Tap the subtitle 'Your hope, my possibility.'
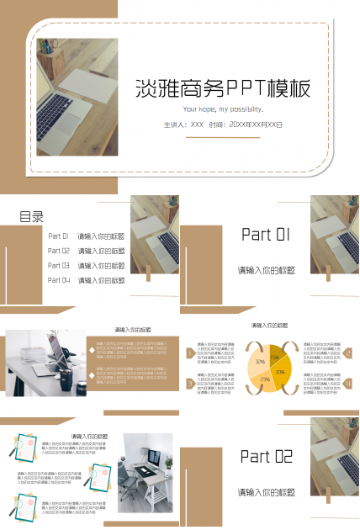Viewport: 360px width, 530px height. tap(223, 109)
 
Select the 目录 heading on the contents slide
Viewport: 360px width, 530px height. tap(32, 217)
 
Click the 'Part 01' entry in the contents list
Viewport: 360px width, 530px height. tap(59, 237)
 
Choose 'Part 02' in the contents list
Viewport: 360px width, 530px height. tap(59, 251)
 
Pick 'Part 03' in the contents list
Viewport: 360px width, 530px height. tap(59, 265)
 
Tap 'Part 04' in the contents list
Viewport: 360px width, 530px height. tap(59, 279)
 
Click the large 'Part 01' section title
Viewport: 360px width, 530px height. tap(266, 235)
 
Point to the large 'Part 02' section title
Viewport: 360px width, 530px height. tap(266, 457)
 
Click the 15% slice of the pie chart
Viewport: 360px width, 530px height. tap(275, 358)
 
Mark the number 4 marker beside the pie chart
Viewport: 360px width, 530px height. tap(347, 384)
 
